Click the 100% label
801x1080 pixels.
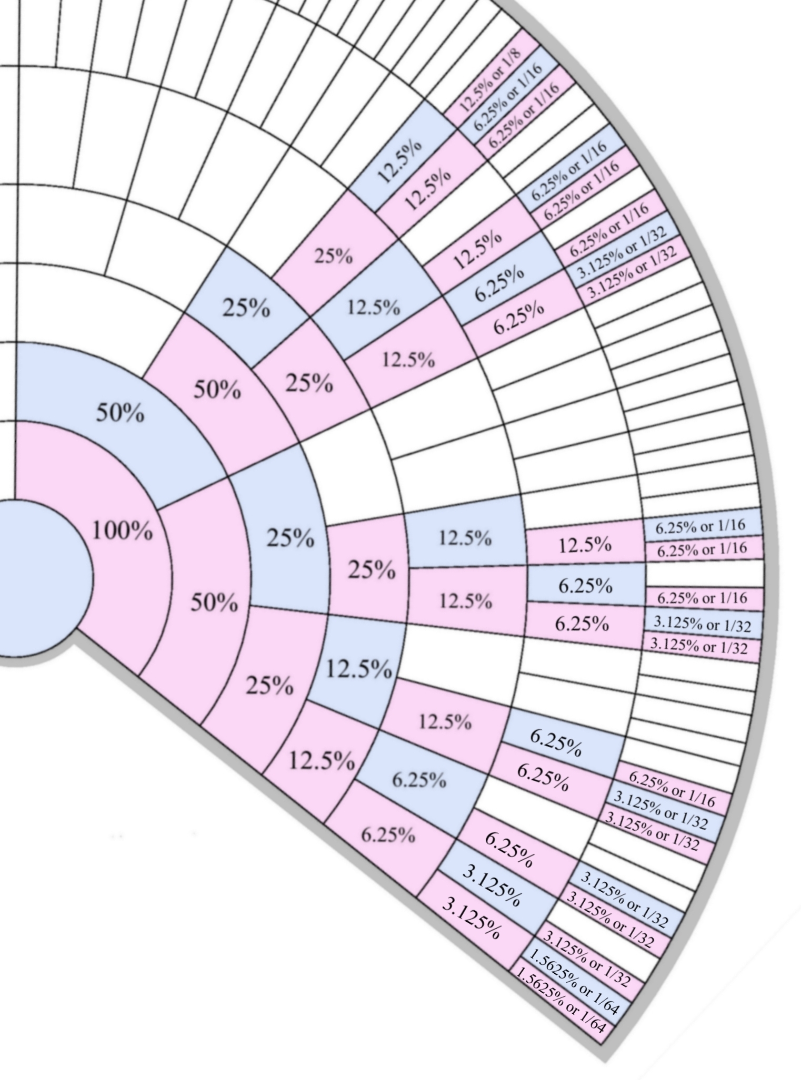point(122,531)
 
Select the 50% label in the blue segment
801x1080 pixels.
point(119,413)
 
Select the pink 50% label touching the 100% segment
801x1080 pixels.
point(214,603)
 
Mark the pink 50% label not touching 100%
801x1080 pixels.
point(217,390)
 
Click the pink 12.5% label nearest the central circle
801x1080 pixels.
point(322,761)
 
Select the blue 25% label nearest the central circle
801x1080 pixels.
point(290,538)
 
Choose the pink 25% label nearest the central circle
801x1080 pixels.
point(269,686)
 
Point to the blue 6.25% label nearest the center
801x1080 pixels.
point(419,780)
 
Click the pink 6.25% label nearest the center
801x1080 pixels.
point(388,834)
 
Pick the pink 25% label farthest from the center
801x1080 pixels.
point(334,257)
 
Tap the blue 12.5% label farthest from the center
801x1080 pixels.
point(400,162)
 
